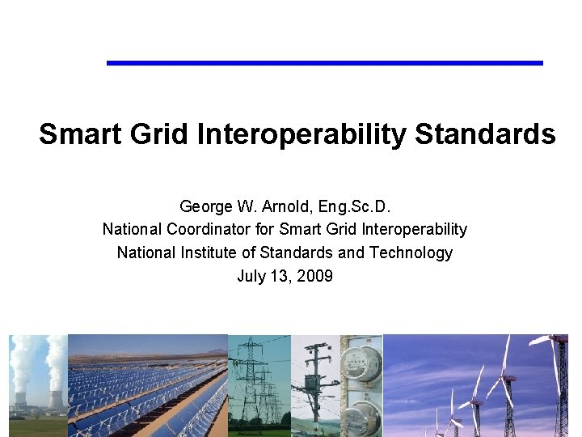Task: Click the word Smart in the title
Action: (x=75, y=134)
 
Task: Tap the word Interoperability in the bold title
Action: (x=302, y=134)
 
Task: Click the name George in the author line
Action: (x=205, y=206)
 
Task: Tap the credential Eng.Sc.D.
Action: (x=357, y=206)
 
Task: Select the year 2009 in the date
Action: (x=314, y=277)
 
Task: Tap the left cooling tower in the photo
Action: (x=20, y=400)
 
